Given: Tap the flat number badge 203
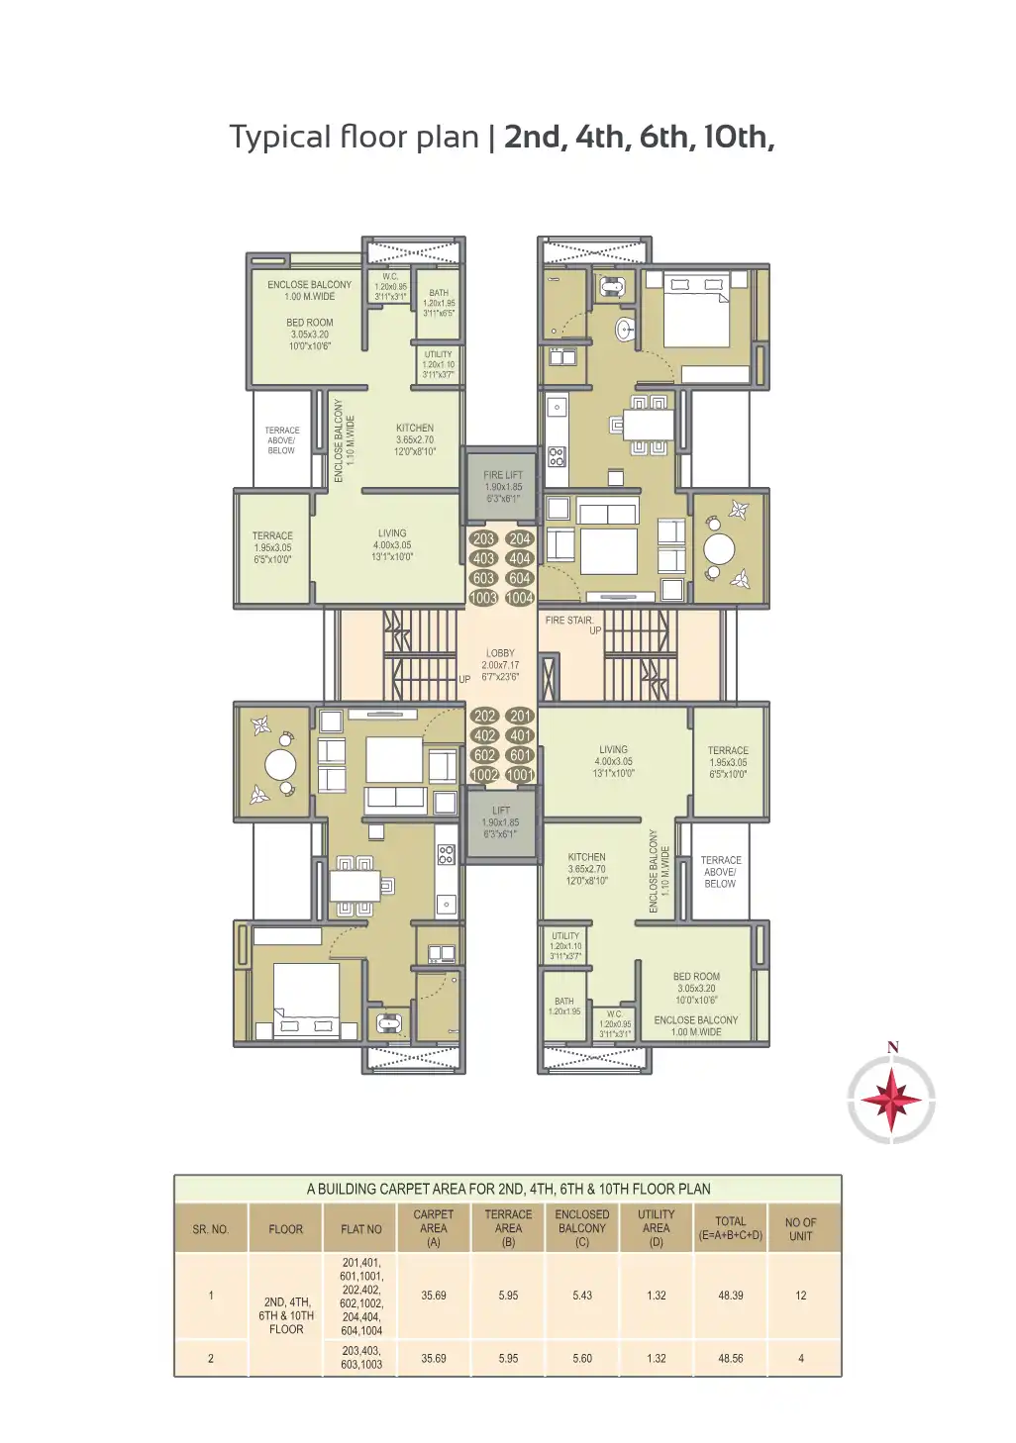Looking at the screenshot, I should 483,539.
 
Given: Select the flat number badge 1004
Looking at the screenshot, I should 520,598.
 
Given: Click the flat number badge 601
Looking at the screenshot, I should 520,755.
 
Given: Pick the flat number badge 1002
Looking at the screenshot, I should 484,775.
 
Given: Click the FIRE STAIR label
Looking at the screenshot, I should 569,621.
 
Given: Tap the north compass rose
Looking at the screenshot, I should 891,1100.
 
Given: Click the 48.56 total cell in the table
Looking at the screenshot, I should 730,1359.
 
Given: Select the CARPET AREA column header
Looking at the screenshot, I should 433,1227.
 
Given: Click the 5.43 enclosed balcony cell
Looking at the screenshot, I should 581,1296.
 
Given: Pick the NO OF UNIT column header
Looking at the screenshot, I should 800,1229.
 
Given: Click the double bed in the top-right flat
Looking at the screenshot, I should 696,308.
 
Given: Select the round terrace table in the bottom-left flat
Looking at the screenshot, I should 280,765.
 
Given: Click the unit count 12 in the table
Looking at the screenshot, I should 800,1296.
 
